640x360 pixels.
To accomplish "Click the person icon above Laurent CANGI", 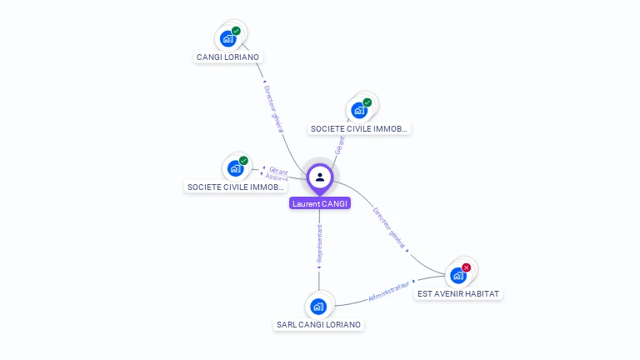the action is pyautogui.click(x=320, y=177).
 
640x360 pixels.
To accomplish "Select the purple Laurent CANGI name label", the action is pyautogui.click(x=320, y=203).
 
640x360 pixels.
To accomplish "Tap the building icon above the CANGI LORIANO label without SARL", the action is pyautogui.click(x=227, y=38).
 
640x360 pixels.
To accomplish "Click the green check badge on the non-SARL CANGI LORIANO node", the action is pyautogui.click(x=236, y=31).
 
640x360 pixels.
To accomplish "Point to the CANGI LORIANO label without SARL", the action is pyautogui.click(x=227, y=57).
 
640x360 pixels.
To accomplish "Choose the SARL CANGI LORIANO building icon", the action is pyautogui.click(x=317, y=306).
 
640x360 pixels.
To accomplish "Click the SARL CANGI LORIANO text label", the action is pyautogui.click(x=319, y=324).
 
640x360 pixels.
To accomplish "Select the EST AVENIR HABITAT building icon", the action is pyautogui.click(x=457, y=275).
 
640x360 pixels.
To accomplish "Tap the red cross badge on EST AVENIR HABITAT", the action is pyautogui.click(x=467, y=267).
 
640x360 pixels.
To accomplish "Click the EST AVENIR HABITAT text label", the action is pyautogui.click(x=460, y=294).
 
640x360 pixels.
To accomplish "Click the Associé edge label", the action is pyautogui.click(x=277, y=177).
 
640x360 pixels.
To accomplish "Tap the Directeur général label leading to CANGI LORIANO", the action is pyautogui.click(x=274, y=108).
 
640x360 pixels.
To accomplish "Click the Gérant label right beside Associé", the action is pyautogui.click(x=278, y=170).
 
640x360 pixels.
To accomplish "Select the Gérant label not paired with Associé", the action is pyautogui.click(x=338, y=144).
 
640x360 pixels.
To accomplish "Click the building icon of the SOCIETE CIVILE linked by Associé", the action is pyautogui.click(x=235, y=168).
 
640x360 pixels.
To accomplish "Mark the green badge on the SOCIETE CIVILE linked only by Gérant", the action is pyautogui.click(x=367, y=102).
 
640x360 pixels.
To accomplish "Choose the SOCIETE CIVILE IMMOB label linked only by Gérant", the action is pyautogui.click(x=359, y=129).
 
